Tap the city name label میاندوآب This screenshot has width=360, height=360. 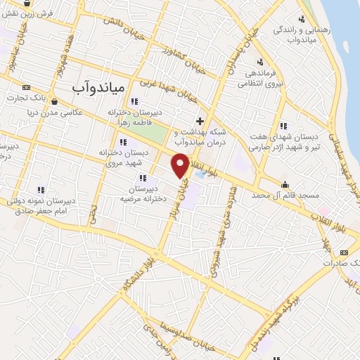tap(98, 87)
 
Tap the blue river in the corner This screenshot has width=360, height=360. tap(348, 28)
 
